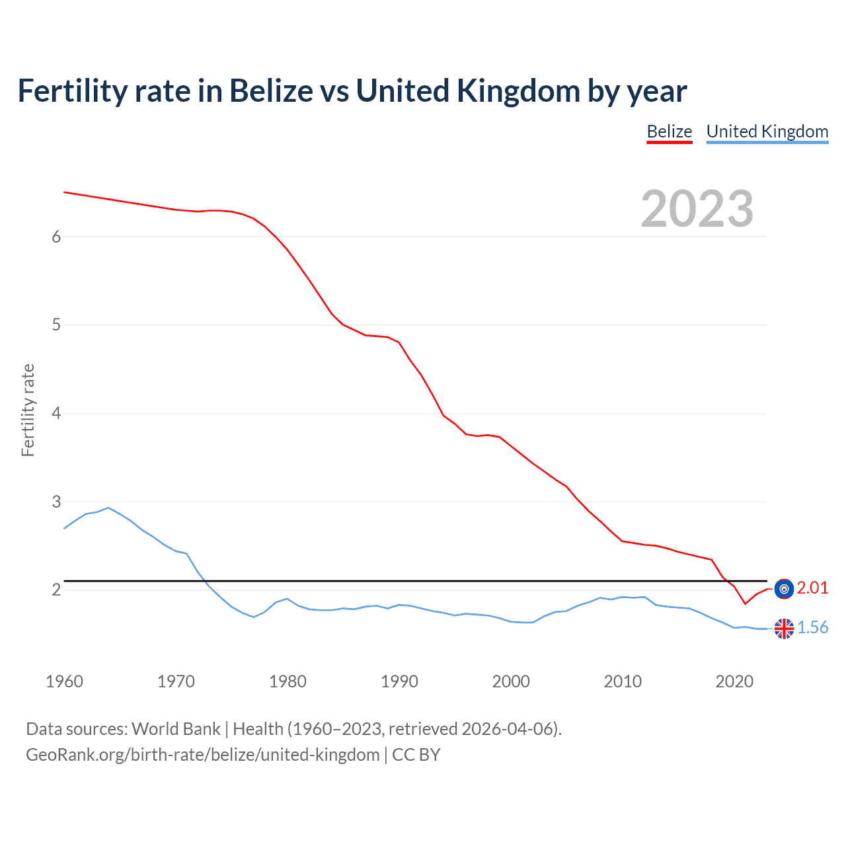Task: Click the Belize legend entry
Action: [669, 132]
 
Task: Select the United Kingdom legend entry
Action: [767, 132]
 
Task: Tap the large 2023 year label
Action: [697, 209]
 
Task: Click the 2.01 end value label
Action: [812, 588]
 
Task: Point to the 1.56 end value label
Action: [812, 627]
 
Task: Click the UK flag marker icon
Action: [784, 629]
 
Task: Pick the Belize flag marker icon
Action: [784, 588]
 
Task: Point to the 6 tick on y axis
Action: [56, 237]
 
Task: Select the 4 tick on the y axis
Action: [56, 414]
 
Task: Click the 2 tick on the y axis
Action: [56, 590]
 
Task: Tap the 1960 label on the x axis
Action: [64, 681]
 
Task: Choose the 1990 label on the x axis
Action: [399, 681]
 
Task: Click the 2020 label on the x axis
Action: [734, 681]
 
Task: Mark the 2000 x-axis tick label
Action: [511, 681]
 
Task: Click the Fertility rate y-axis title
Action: [28, 410]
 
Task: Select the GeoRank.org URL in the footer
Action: [203, 755]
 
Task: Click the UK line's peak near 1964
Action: [108, 508]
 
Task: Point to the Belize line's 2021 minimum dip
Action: [745, 603]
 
